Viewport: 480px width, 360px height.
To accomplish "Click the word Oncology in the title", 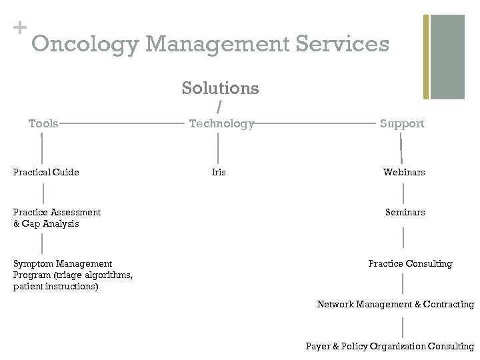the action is (x=85, y=45).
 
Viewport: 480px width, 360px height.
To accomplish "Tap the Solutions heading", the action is (x=220, y=87).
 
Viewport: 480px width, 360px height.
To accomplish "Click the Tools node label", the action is (x=43, y=123).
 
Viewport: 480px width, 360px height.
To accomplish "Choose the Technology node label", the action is (x=221, y=123).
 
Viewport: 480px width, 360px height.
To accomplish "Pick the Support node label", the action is (x=402, y=123).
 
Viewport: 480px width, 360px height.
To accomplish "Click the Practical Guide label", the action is (x=46, y=172).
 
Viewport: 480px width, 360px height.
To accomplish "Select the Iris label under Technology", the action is (x=219, y=172).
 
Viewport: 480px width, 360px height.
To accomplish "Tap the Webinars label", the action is (x=404, y=172).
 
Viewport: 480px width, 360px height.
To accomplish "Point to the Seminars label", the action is (x=405, y=212).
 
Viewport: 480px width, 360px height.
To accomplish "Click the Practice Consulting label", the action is (x=410, y=263).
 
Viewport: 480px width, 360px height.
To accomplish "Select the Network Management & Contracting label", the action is (x=395, y=304).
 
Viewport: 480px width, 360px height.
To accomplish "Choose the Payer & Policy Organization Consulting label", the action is (x=390, y=346).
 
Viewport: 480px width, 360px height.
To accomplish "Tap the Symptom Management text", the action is (x=63, y=263).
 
